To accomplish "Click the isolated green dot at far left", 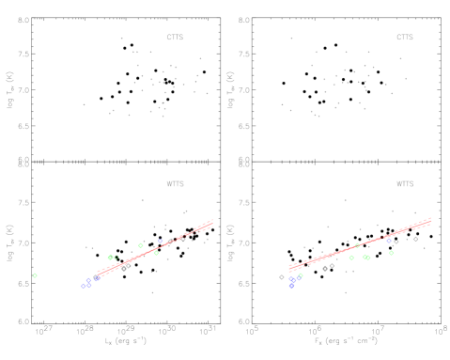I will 35,275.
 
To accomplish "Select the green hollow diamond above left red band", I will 110,257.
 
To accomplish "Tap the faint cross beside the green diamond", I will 116,258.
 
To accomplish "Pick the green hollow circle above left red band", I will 141,245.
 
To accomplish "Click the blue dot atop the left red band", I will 160,242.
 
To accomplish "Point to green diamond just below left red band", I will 156,253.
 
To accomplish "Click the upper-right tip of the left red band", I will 212,222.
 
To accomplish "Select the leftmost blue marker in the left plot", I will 83,286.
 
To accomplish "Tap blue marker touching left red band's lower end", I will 97,278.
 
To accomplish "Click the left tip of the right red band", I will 290,269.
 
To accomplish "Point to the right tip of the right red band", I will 429,221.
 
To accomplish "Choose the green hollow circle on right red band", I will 357,245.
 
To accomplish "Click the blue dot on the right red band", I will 388,241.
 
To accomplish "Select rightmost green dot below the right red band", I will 391,253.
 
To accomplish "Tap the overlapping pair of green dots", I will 365,257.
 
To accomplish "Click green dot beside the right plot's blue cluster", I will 301,275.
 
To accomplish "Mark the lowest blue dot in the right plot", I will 291,285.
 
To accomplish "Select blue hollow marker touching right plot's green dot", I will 298,277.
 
